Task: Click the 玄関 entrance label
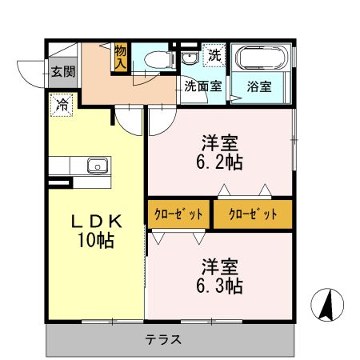tap(63, 70)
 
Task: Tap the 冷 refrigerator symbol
tap(62, 102)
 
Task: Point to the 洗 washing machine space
tap(214, 55)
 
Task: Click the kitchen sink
tap(97, 166)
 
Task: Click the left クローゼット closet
tap(178, 214)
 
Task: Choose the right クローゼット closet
tap(252, 214)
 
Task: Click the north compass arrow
tap(326, 305)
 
